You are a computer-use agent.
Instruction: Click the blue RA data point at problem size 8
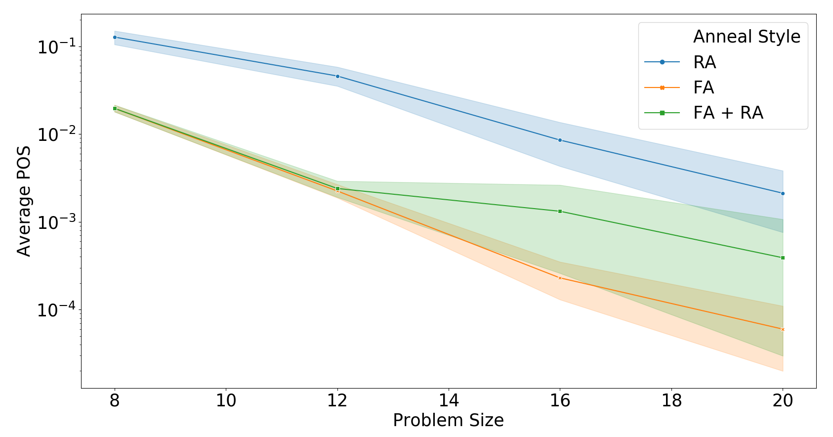click(x=115, y=37)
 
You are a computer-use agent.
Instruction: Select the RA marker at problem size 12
click(x=337, y=76)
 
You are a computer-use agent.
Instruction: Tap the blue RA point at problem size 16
click(x=560, y=140)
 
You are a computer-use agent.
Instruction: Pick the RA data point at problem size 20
click(x=783, y=194)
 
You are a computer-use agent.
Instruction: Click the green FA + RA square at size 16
click(x=560, y=212)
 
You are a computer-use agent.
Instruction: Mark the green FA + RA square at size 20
click(x=783, y=258)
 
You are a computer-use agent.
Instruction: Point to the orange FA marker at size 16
click(x=560, y=278)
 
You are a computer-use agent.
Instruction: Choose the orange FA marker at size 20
click(x=783, y=329)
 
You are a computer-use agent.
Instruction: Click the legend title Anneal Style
click(x=747, y=37)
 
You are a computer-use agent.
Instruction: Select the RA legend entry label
click(x=705, y=62)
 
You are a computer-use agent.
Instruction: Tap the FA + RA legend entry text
click(x=728, y=113)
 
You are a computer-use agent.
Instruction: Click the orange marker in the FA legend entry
click(x=662, y=88)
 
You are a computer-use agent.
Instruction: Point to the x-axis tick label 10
click(x=226, y=401)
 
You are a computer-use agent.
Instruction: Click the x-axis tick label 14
click(x=449, y=401)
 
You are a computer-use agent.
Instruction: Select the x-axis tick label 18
click(x=671, y=401)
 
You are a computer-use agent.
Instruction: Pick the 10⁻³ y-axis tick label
click(x=56, y=222)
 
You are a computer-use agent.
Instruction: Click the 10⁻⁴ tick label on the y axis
click(x=56, y=309)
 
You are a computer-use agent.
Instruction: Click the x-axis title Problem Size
click(x=449, y=421)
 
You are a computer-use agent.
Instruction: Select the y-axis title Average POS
click(x=24, y=201)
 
